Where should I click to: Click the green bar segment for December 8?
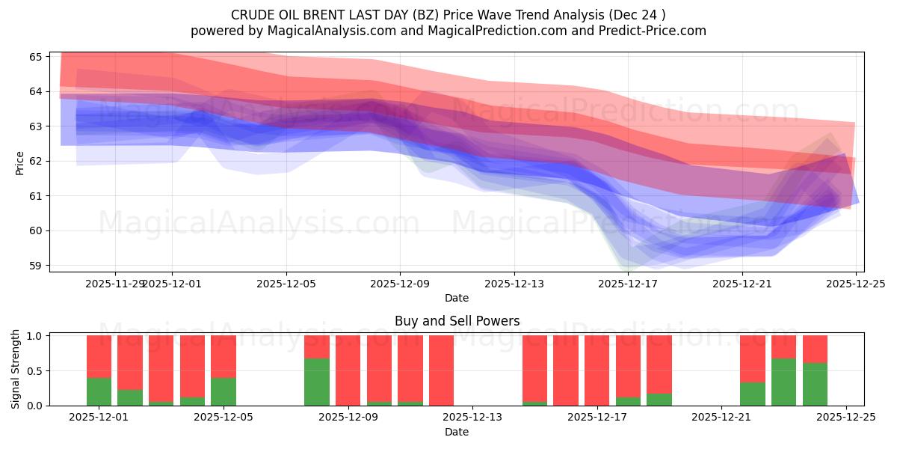pyautogui.click(x=317, y=382)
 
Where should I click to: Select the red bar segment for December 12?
pyautogui.click(x=441, y=370)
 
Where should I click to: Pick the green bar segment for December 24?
pyautogui.click(x=815, y=384)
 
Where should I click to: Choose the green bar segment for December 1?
pyautogui.click(x=99, y=391)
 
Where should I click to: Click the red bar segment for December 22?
pyautogui.click(x=753, y=358)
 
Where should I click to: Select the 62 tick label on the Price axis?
pyautogui.click(x=40, y=161)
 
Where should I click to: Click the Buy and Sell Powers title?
pyautogui.click(x=457, y=322)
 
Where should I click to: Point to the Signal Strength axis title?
pyautogui.click(x=16, y=370)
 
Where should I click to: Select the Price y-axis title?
pyautogui.click(x=19, y=162)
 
